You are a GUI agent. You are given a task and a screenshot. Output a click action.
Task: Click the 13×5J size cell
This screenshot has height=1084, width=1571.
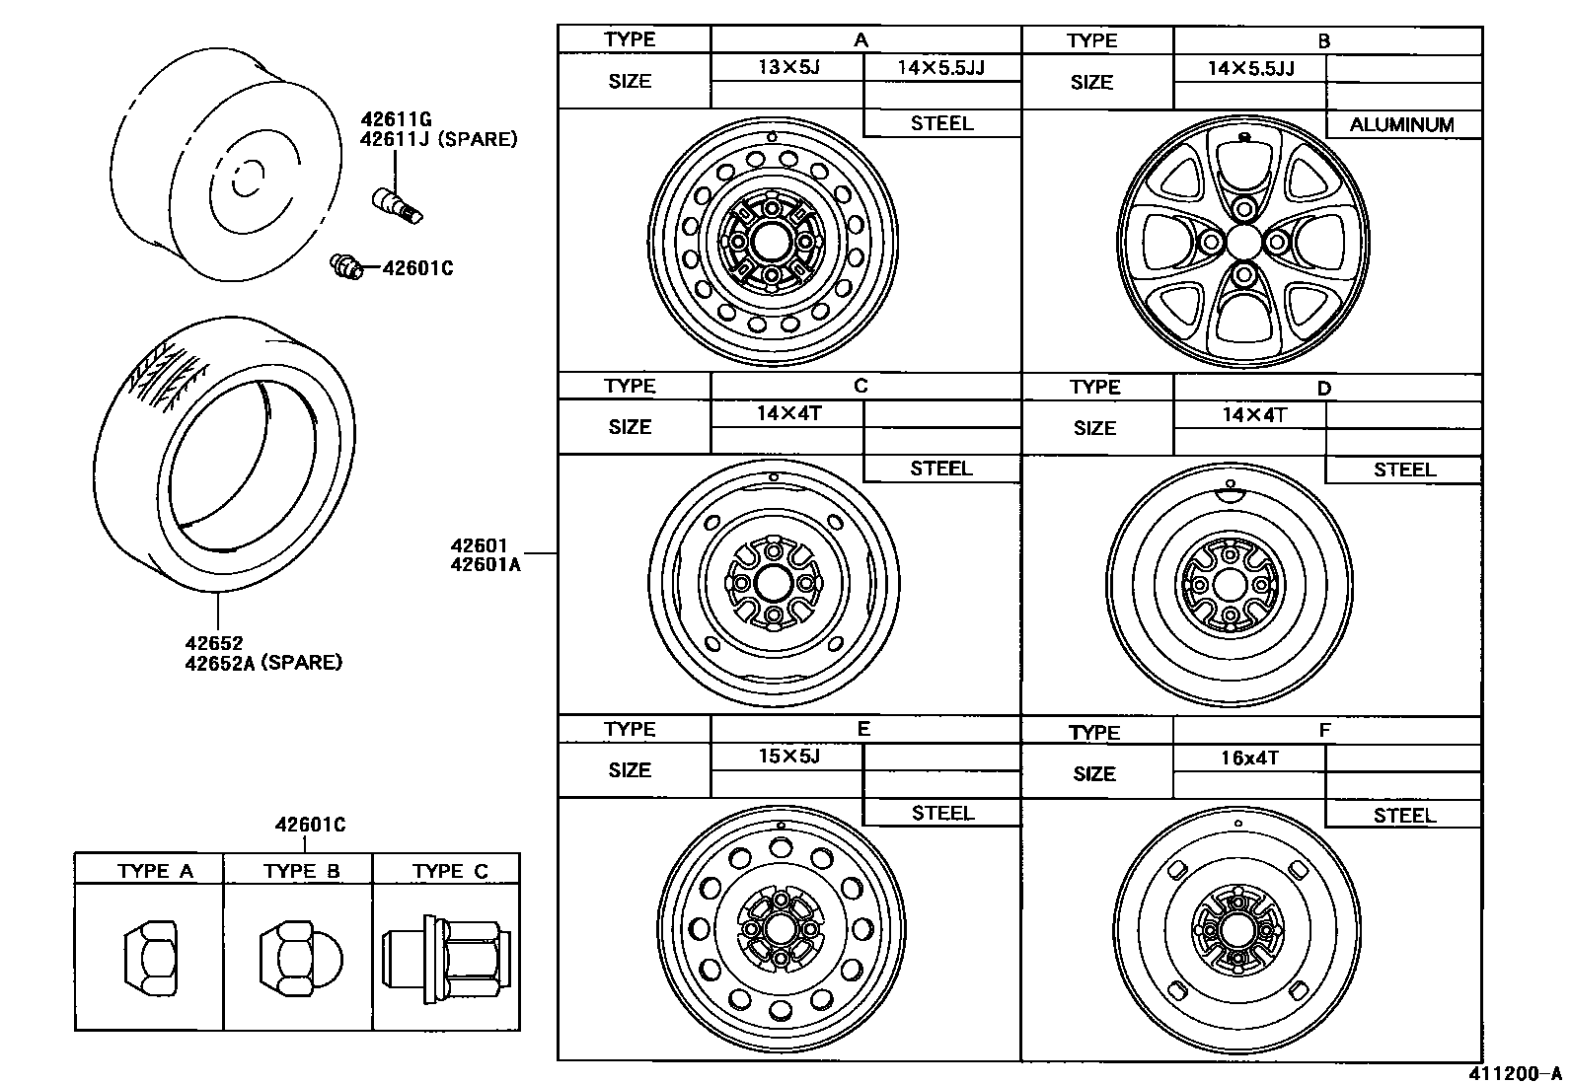pos(788,67)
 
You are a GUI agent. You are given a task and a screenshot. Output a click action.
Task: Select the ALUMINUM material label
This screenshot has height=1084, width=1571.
pos(1401,124)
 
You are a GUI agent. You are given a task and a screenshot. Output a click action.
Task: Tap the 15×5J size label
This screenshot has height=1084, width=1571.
pos(788,756)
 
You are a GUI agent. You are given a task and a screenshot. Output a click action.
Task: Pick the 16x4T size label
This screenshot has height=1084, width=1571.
pos(1249,758)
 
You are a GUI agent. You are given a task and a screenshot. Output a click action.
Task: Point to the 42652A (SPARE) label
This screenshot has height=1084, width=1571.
pos(263,662)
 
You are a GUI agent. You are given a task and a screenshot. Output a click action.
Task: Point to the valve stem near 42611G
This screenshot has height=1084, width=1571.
pos(396,202)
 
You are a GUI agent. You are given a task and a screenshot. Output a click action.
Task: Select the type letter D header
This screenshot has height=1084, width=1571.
pos(1324,388)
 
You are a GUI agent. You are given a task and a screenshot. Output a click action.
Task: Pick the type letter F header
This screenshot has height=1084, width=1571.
pos(1324,731)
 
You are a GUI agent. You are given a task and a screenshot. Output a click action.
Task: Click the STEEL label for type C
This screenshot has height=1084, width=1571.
pos(940,469)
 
